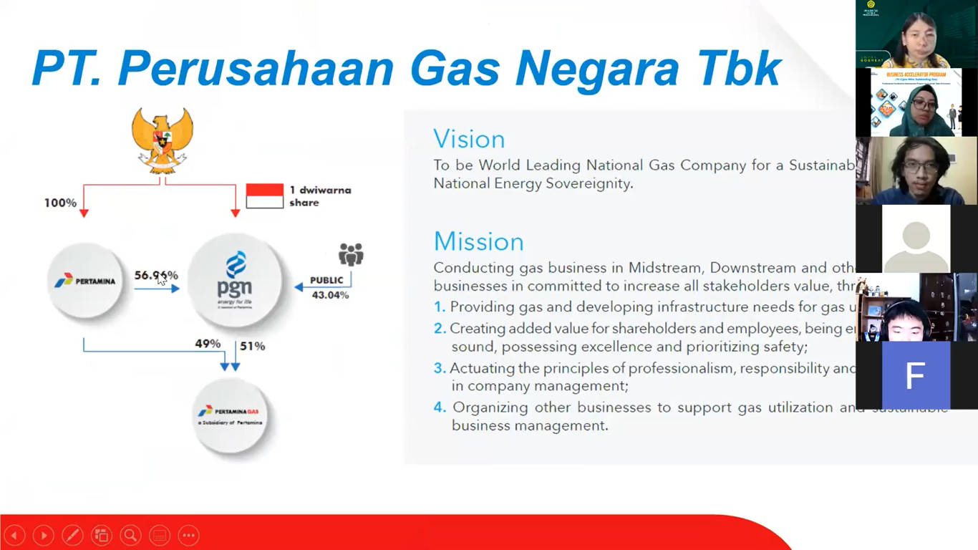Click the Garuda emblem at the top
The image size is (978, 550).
click(162, 140)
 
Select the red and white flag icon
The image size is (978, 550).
click(264, 196)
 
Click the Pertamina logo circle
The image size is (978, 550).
click(85, 281)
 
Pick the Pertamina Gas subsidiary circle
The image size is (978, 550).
click(231, 416)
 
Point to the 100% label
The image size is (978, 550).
click(60, 203)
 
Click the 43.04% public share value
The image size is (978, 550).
click(330, 294)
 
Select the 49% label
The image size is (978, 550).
click(208, 344)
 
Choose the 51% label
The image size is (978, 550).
click(253, 346)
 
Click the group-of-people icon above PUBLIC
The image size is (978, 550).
click(351, 254)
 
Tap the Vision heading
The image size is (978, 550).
click(469, 139)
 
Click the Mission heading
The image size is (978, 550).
click(478, 241)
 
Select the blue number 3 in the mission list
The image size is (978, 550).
click(440, 368)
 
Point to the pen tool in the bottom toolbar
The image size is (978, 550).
click(72, 535)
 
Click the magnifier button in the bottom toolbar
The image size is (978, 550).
click(130, 535)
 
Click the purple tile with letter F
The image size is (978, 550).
click(916, 375)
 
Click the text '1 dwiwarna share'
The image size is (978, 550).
click(320, 196)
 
